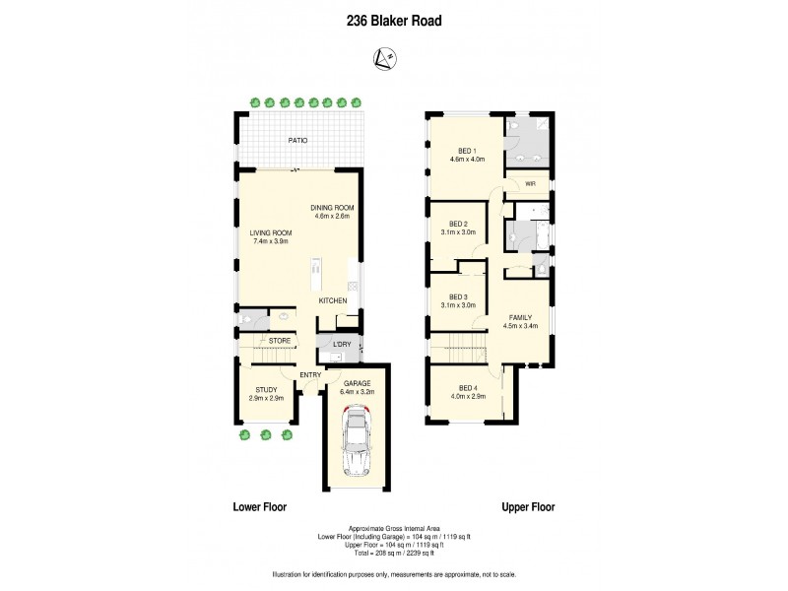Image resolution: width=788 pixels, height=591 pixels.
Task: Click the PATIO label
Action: [297, 141]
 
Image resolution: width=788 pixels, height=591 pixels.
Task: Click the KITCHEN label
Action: [332, 300]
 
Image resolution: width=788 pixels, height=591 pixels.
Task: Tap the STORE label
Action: [279, 341]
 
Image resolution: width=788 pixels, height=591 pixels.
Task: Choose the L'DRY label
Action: [341, 344]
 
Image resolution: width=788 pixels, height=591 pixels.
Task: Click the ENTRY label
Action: [310, 373]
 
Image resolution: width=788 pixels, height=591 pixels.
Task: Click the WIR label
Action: [530, 184]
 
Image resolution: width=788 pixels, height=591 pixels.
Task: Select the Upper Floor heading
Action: [528, 507]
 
